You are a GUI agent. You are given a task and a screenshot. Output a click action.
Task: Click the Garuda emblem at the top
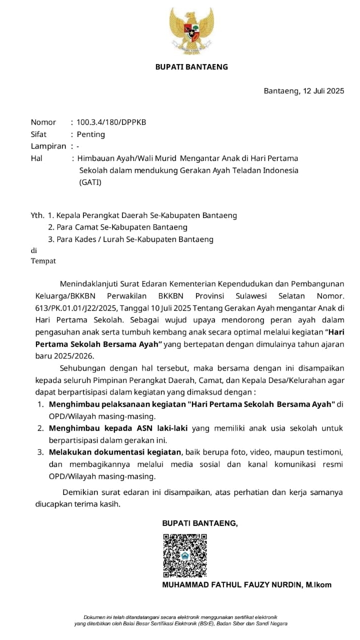pos(191,31)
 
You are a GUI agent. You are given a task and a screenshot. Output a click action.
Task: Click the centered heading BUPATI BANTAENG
pos(191,66)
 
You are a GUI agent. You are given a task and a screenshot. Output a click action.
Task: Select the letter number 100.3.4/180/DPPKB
pos(111,122)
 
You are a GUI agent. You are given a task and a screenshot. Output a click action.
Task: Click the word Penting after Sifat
pos(90,134)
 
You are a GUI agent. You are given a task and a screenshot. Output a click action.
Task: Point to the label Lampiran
pos(48,146)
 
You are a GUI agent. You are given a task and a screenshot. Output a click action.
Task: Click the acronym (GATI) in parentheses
pos(90,182)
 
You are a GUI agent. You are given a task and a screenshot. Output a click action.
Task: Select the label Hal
pos(36,158)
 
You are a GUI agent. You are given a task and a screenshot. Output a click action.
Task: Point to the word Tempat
pos(43,260)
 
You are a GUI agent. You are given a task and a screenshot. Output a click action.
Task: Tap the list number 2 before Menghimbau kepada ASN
pos(40,428)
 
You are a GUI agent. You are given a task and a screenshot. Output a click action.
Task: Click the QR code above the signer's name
pos(185,555)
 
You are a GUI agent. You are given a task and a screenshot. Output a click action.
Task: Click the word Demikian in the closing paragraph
pos(80,492)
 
